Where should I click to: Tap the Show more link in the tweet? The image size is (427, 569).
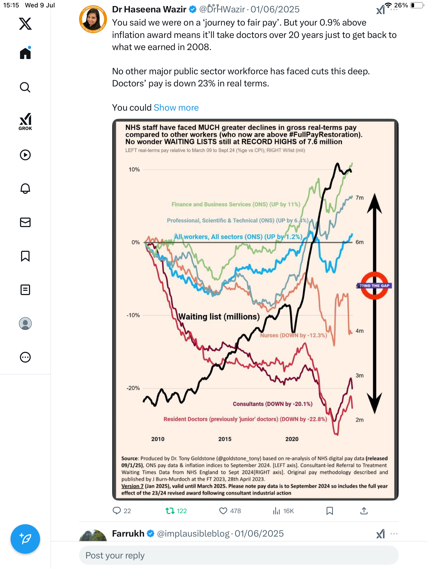coord(176,107)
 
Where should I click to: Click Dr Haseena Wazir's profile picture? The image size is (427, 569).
coord(93,19)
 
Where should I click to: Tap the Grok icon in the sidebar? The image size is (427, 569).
coord(25,122)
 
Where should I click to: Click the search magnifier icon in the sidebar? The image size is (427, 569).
coord(25,87)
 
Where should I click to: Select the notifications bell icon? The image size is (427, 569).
coord(25,189)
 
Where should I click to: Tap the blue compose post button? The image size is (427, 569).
coord(25,539)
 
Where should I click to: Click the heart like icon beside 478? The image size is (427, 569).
coord(223,511)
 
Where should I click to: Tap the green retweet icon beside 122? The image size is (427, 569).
coord(170,511)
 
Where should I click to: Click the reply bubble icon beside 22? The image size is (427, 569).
coord(117,511)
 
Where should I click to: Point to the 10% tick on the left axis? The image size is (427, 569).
coord(134,170)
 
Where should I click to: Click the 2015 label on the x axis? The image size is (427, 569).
coord(225,439)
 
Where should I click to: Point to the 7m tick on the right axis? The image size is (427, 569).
coord(360,198)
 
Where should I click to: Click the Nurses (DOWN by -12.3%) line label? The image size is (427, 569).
coord(294,335)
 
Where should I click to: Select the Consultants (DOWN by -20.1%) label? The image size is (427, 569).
coord(273,404)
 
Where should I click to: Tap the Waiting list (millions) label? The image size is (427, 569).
coord(219,316)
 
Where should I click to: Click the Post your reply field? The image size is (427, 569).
coord(239,555)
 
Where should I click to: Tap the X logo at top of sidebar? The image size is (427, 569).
coord(25,24)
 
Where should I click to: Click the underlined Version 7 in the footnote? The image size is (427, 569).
coord(132,486)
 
